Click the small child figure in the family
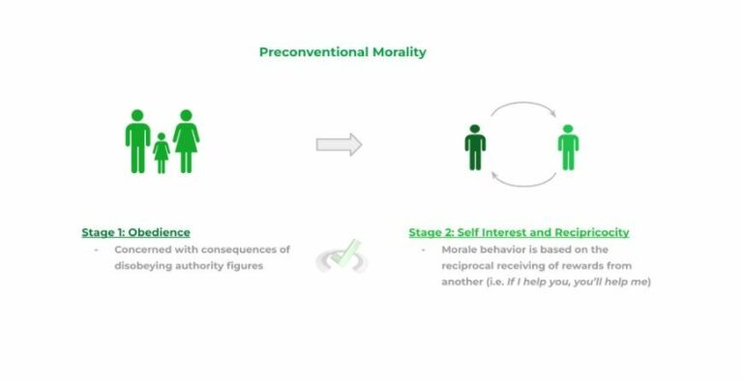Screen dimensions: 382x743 coord(161,154)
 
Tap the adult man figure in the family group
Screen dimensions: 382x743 coord(137,140)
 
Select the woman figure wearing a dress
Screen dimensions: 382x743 coord(186,140)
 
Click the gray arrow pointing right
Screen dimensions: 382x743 coord(339,145)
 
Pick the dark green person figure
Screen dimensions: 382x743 coord(475,146)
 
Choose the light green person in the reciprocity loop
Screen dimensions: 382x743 coord(568,146)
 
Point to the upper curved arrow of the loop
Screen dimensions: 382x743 coord(522,108)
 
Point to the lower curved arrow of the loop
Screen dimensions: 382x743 coord(522,180)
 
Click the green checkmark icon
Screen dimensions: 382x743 coord(341,255)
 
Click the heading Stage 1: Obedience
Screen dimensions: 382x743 coord(135,232)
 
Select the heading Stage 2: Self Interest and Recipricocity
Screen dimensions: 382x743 coord(519,232)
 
